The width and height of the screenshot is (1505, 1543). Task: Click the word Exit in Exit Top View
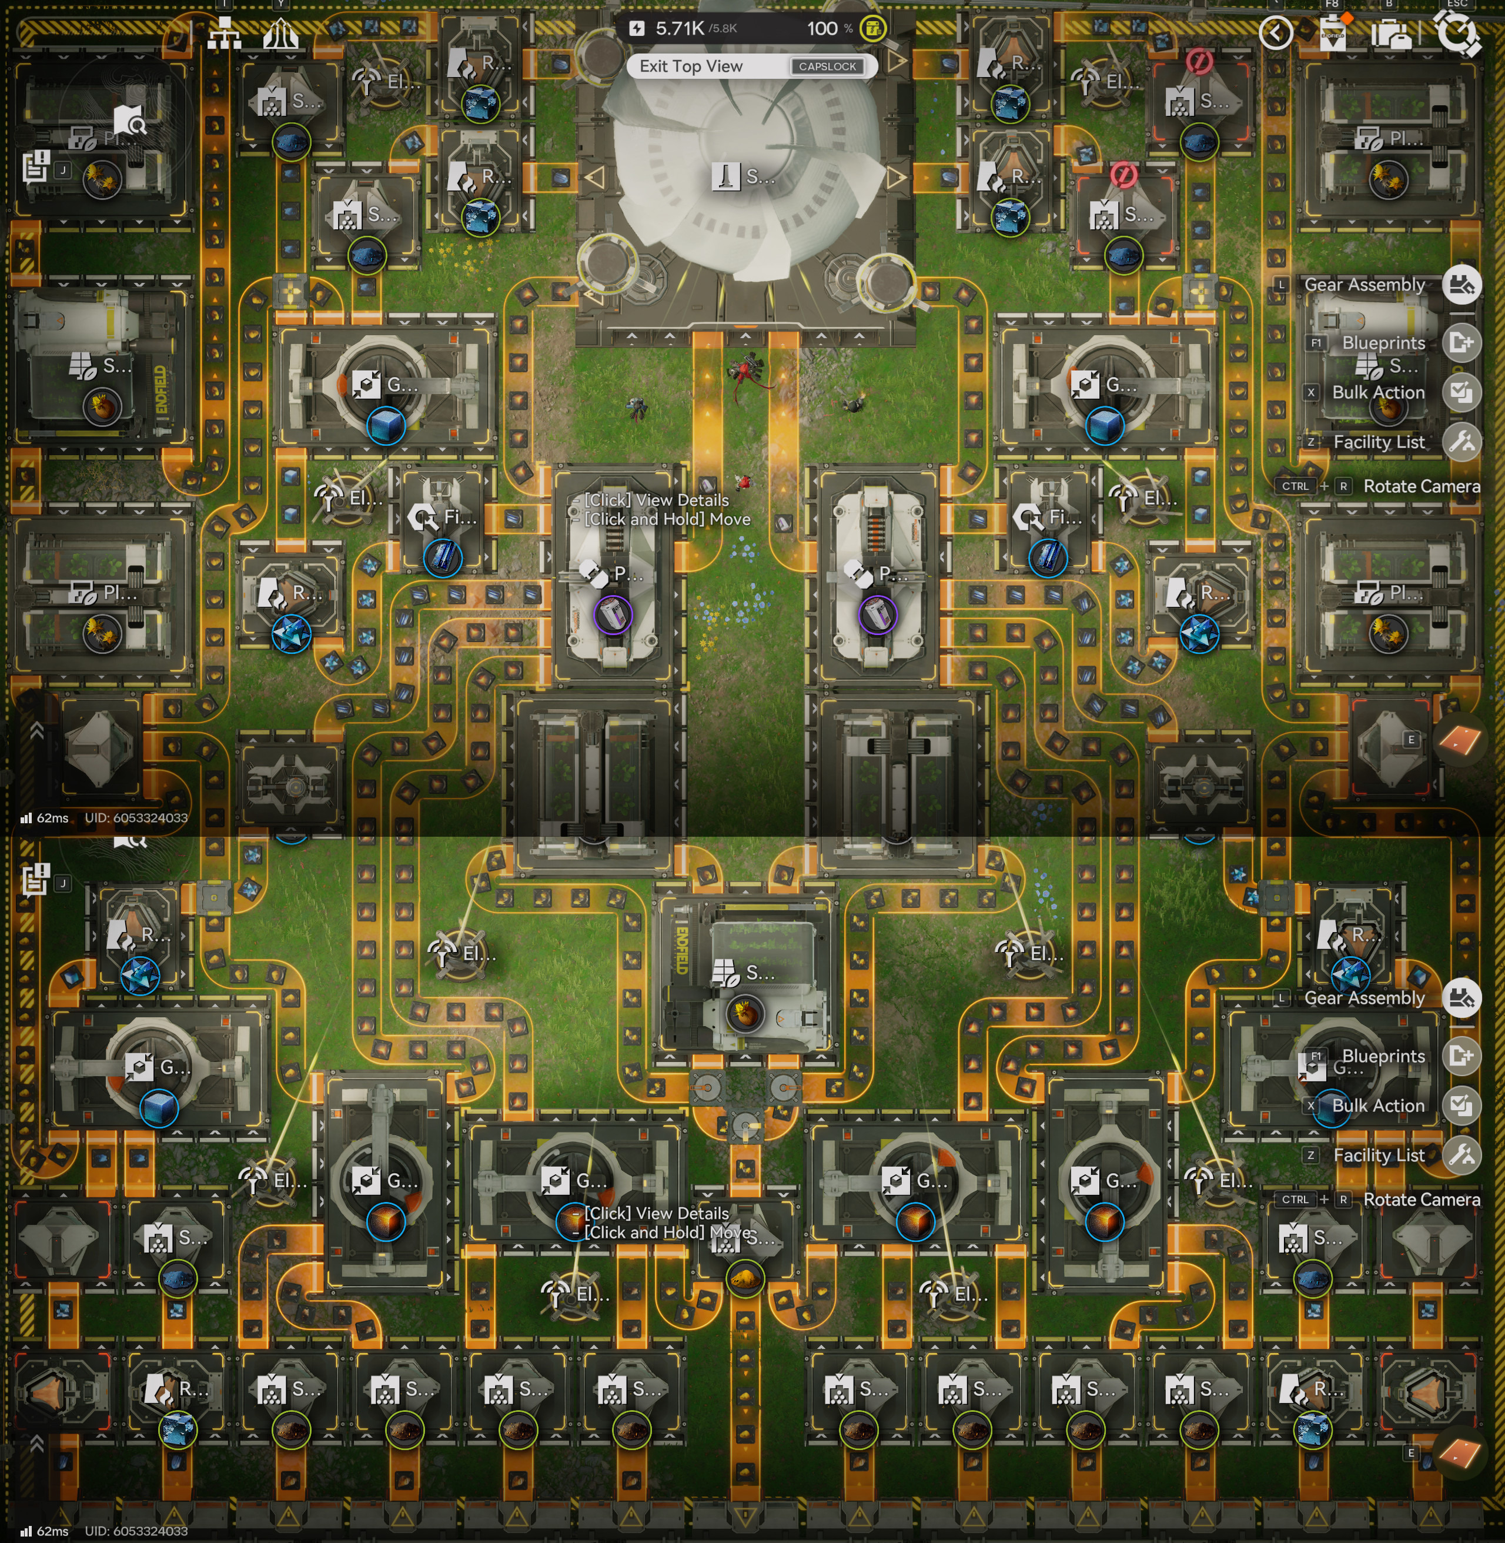click(x=654, y=66)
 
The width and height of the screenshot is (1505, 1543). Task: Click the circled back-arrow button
click(x=1276, y=33)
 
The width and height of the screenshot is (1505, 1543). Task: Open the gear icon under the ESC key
click(x=1456, y=33)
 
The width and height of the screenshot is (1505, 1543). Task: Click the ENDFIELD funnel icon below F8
click(x=1333, y=33)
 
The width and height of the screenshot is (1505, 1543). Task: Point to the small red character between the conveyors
click(x=743, y=480)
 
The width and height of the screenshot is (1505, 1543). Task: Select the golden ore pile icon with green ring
click(x=744, y=1277)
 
